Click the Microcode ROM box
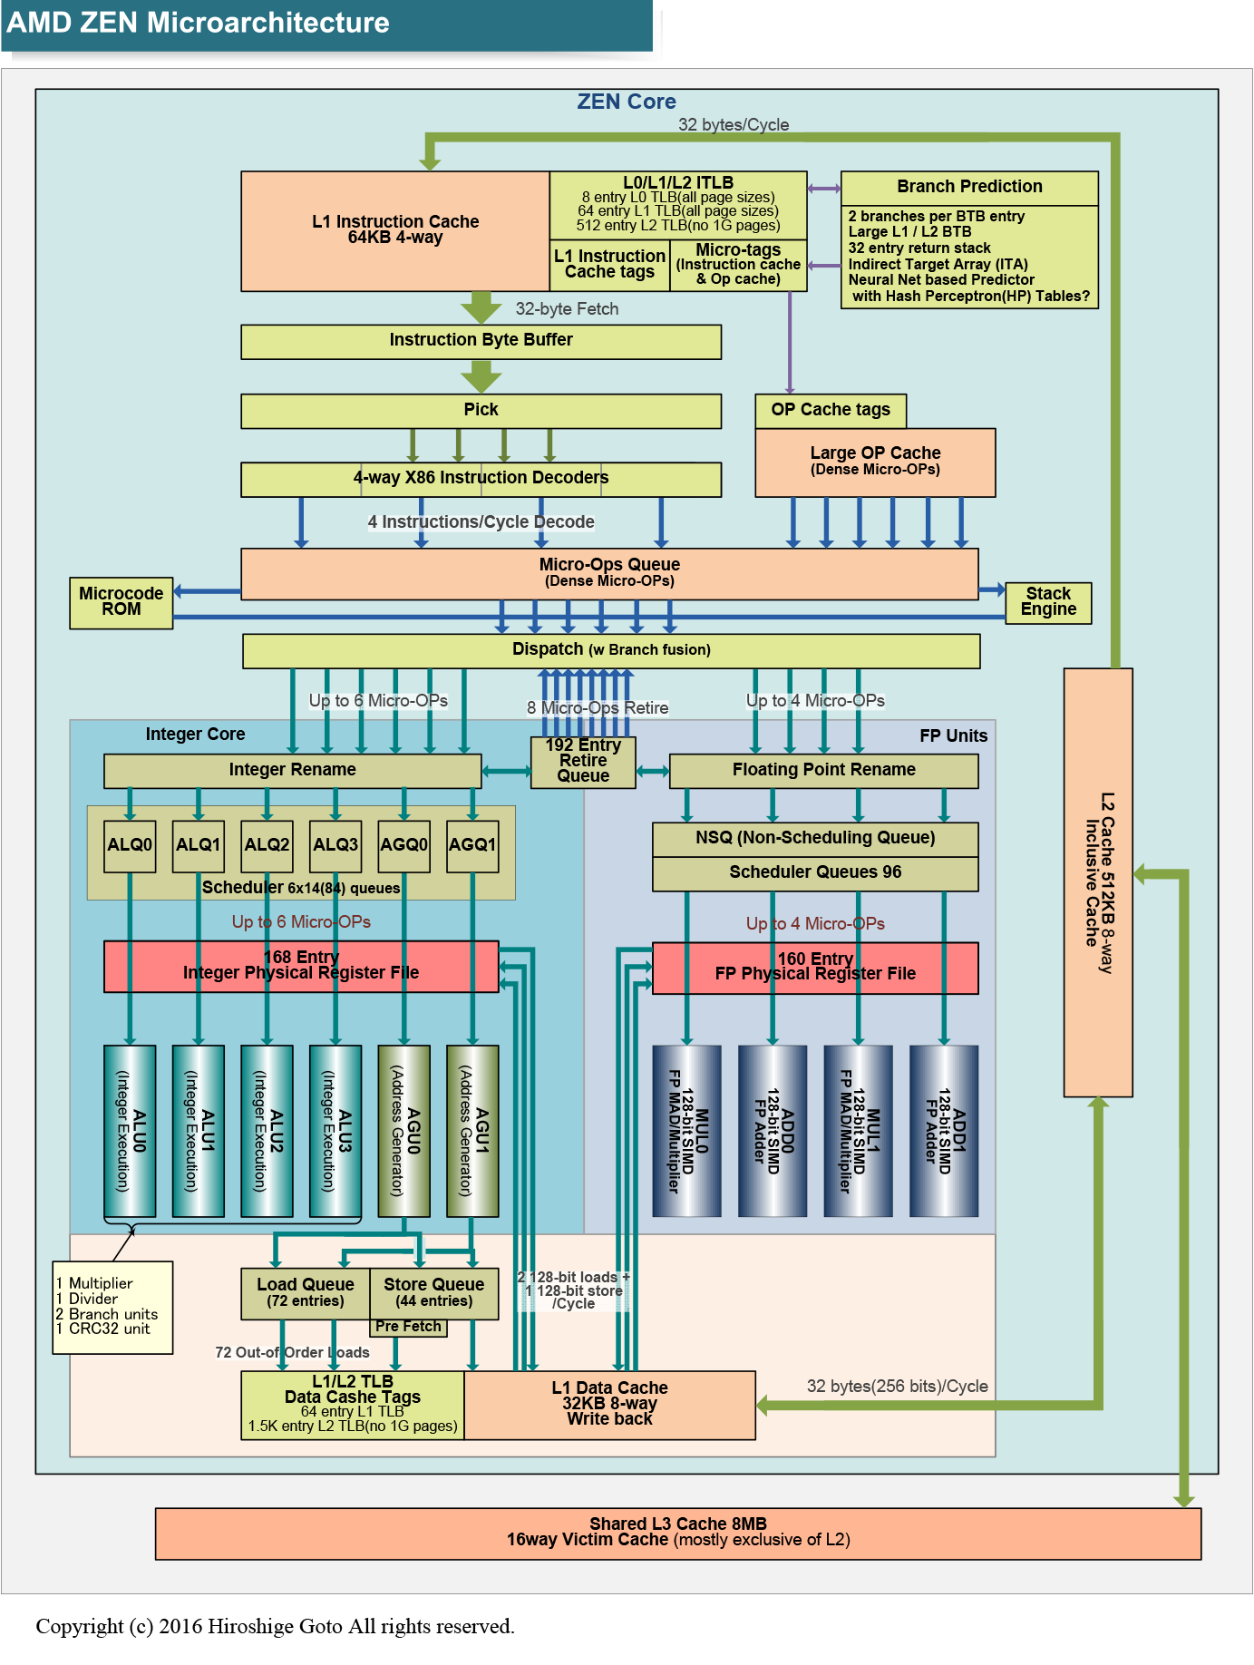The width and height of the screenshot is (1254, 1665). (122, 602)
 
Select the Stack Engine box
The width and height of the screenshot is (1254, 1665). (1048, 602)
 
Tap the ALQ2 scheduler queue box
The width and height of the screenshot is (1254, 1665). (267, 845)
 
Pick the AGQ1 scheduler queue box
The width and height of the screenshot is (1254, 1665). (472, 845)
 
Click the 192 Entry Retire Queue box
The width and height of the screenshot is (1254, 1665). (583, 761)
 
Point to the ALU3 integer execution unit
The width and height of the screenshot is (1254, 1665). (335, 1130)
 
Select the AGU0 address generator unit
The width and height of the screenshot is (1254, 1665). (403, 1130)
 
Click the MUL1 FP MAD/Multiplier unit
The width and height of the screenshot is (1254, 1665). (858, 1130)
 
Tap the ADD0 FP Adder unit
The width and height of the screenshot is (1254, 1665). (773, 1130)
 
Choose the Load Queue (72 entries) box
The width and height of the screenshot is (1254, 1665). (306, 1292)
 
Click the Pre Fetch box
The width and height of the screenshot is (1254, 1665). (408, 1327)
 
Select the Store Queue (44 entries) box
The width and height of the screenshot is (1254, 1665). (434, 1292)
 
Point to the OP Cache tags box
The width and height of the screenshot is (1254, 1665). (831, 410)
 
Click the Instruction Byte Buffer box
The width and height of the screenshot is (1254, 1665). (481, 341)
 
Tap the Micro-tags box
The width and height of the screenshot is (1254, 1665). (738, 264)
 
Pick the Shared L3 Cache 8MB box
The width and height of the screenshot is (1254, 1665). (678, 1533)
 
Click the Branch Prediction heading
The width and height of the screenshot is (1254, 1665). (969, 187)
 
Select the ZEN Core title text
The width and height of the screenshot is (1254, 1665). (627, 102)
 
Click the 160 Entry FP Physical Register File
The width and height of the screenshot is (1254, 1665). (815, 968)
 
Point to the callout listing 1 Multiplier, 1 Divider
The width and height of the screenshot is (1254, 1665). (112, 1307)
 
